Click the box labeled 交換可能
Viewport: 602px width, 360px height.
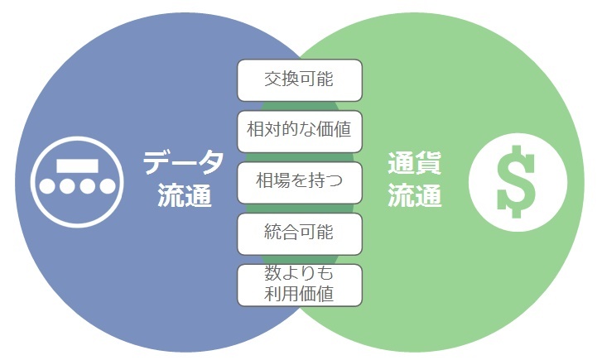pos(300,80)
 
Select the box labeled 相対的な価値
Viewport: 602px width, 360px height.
pos(300,131)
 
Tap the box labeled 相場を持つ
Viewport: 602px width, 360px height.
pos(300,182)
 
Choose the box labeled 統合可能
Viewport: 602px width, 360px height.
pos(300,233)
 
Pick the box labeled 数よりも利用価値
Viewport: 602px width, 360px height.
pos(300,285)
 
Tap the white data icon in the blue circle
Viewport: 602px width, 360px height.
pos(78,180)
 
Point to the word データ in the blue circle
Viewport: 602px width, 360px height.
pos(183,162)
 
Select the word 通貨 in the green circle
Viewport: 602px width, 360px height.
pos(415,162)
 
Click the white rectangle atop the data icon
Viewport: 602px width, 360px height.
pos(77,165)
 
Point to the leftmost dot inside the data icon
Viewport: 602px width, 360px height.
pos(47,185)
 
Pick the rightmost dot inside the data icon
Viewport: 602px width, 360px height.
pos(108,185)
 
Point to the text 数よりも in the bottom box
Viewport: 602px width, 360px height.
pos(300,275)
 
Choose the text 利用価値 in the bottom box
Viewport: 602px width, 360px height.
pos(300,294)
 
